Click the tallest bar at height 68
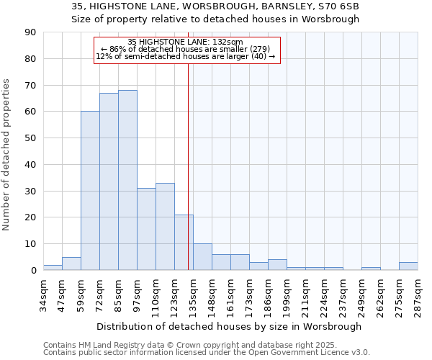click(x=127, y=180)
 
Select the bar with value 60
click(x=90, y=191)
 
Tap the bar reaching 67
click(x=109, y=181)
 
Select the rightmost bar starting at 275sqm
click(x=408, y=266)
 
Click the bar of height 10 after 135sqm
click(x=202, y=257)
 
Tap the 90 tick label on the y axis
click(x=30, y=32)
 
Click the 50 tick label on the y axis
click(x=30, y=138)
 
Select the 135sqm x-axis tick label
click(x=193, y=293)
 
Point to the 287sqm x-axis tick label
click(x=418, y=293)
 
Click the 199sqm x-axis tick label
click(x=287, y=293)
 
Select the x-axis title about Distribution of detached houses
click(x=230, y=326)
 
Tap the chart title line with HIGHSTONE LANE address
click(x=215, y=6)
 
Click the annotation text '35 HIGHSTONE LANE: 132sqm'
click(x=186, y=42)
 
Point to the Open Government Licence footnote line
click(x=207, y=353)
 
